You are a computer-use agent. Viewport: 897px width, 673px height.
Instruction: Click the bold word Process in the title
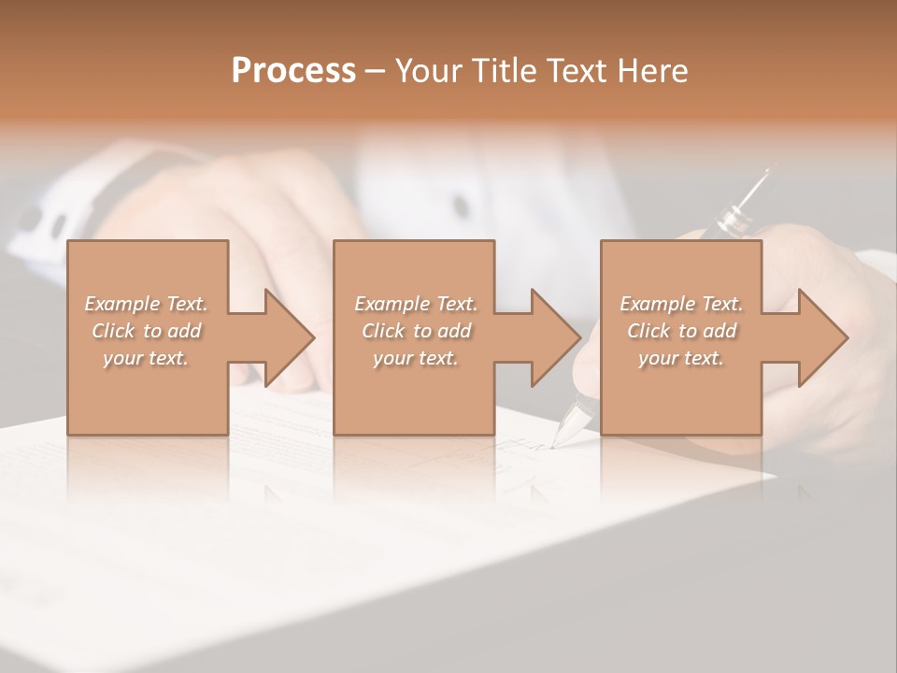point(293,71)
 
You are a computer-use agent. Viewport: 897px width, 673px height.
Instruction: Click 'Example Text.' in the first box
point(146,304)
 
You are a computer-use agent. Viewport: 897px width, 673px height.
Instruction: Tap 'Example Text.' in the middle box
point(416,304)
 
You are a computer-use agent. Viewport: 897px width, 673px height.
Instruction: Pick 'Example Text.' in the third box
point(681,304)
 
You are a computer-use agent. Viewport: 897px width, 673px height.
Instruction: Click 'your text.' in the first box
point(146,358)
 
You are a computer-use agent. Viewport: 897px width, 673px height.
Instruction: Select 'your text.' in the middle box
point(416,358)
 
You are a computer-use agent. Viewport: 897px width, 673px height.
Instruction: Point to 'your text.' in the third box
point(681,358)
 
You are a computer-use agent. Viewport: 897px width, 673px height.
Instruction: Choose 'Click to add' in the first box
point(146,331)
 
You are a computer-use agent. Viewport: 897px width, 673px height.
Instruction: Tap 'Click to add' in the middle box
point(416,331)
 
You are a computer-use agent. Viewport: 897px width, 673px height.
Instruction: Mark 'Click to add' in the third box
point(681,331)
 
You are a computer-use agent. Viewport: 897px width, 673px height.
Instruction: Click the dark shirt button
point(460,205)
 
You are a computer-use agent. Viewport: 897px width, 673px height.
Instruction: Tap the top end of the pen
point(769,172)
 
